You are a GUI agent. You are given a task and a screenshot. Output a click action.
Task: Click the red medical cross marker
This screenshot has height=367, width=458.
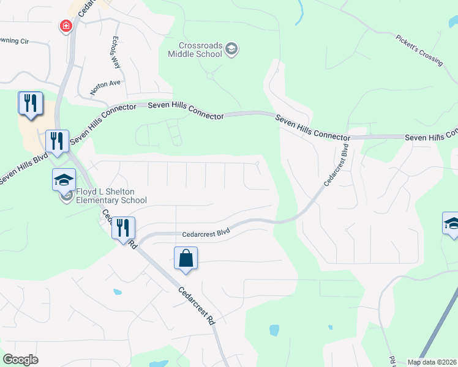65,26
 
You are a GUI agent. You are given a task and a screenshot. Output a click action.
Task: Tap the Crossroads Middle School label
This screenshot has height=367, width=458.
195,50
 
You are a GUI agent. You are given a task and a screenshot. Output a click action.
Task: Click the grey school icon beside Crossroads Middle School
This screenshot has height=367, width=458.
231,49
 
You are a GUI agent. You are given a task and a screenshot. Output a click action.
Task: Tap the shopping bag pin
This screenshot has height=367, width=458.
186,258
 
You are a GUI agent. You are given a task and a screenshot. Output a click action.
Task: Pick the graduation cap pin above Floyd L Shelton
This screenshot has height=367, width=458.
64,180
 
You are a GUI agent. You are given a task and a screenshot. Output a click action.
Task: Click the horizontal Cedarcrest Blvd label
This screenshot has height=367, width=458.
206,232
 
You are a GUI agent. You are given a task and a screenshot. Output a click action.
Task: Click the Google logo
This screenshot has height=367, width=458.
20,360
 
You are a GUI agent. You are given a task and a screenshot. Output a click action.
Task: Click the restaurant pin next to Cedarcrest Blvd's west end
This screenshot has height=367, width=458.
123,229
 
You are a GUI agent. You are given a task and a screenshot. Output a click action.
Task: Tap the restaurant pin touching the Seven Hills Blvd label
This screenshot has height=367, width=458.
56,141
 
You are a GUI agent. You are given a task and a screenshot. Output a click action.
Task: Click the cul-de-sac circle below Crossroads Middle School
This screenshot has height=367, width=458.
210,76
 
